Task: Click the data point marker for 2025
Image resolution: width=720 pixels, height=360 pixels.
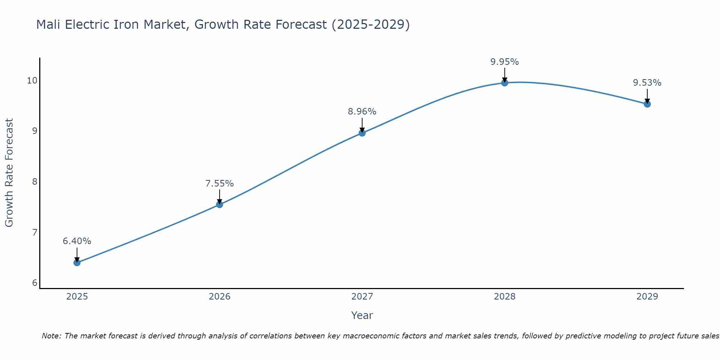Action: click(77, 262)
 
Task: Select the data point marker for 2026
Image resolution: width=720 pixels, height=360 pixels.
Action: click(220, 204)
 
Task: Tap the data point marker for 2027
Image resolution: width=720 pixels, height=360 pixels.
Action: click(362, 133)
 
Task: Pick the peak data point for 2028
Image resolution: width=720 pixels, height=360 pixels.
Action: click(505, 83)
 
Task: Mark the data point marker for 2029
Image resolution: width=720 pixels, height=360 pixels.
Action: click(647, 104)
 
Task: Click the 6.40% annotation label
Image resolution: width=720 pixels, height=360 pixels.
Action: click(77, 241)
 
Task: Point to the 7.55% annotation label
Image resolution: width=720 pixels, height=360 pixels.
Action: click(220, 184)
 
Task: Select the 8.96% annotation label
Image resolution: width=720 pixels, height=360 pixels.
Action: click(362, 112)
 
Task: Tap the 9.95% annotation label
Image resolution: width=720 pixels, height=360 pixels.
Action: click(505, 62)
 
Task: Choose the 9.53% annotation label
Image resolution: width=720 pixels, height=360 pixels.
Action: click(647, 83)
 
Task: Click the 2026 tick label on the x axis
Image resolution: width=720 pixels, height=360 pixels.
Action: click(220, 297)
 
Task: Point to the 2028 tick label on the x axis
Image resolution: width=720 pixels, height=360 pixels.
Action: click(505, 297)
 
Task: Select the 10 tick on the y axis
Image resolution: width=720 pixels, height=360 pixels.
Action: click(32, 80)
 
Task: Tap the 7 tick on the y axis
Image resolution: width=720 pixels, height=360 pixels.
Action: click(35, 232)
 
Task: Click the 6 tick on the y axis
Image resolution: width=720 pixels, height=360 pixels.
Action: click(35, 283)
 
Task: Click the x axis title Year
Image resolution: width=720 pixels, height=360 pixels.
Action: click(362, 315)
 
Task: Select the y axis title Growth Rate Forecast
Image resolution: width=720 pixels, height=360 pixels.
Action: click(9, 173)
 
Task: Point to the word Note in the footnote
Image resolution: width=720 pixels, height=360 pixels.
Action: click(51, 336)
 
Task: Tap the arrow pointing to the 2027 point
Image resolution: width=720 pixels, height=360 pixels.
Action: click(362, 125)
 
